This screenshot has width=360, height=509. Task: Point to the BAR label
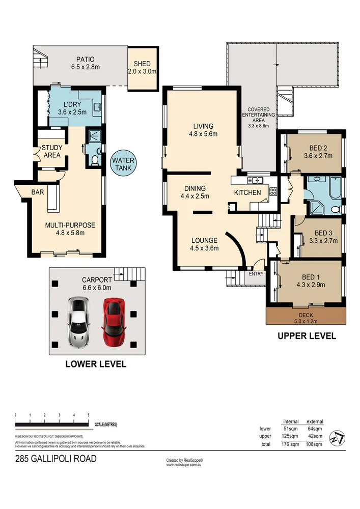click(37, 192)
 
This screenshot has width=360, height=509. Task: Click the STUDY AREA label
click(52, 151)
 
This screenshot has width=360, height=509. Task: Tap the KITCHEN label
click(247, 192)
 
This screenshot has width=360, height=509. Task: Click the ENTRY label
click(256, 274)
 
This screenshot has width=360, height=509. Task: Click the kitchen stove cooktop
click(272, 192)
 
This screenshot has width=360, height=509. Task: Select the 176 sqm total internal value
click(291, 444)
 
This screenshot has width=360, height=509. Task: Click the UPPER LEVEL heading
click(307, 335)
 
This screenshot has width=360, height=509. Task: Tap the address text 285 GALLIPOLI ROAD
click(56, 459)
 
